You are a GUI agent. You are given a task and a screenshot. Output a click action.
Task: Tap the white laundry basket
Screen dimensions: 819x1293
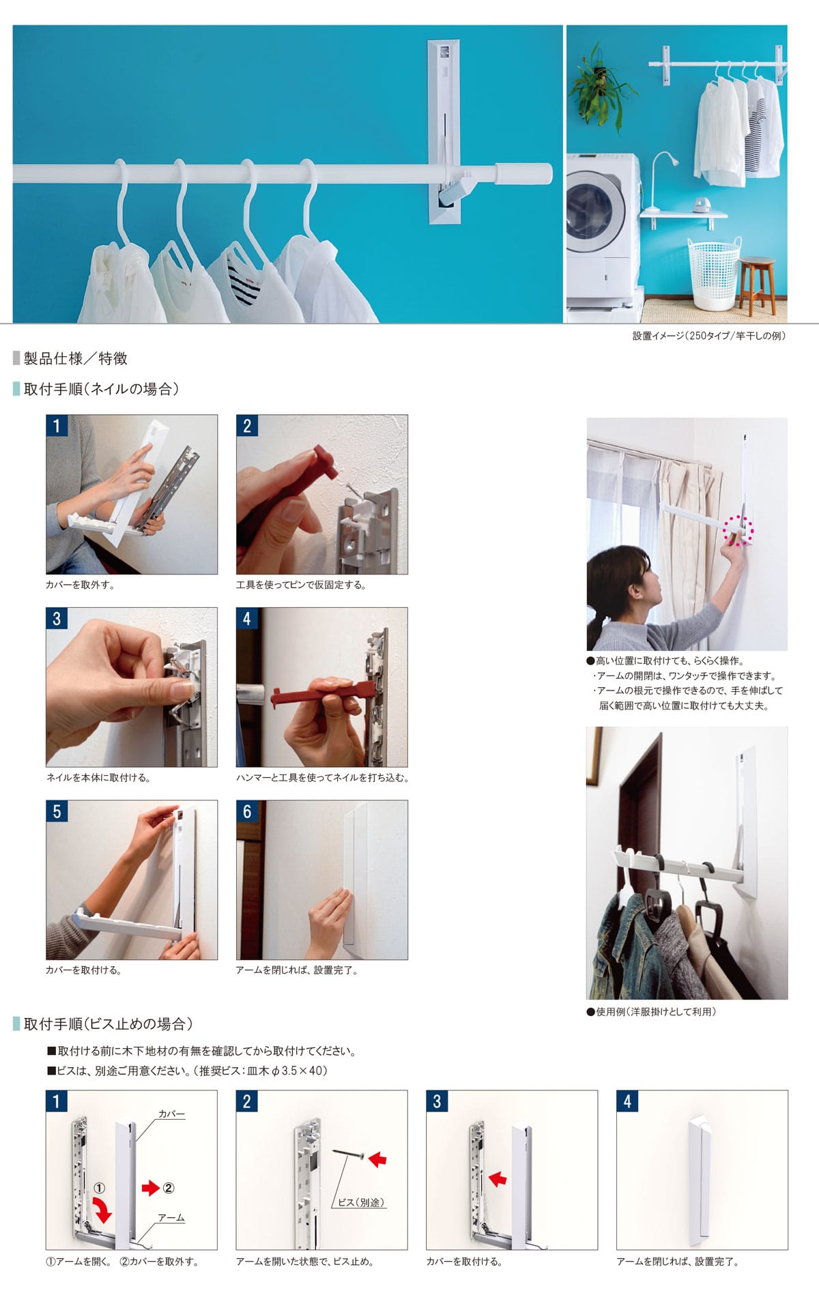[714, 273]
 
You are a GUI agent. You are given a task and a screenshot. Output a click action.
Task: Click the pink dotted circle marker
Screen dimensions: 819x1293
[738, 529]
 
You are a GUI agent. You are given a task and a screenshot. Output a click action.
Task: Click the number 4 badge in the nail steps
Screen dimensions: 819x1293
[247, 619]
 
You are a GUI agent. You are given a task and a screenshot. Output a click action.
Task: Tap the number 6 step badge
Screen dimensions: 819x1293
[247, 811]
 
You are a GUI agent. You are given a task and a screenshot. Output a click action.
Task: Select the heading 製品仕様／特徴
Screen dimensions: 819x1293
[75, 359]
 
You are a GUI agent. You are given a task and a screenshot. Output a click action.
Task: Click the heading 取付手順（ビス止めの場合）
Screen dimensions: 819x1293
[109, 1023]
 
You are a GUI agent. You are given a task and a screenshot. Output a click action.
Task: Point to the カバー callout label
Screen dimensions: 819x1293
[171, 1114]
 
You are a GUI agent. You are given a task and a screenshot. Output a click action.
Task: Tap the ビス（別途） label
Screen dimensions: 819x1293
[360, 1202]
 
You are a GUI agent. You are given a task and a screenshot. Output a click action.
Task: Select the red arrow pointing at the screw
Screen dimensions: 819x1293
[378, 1157]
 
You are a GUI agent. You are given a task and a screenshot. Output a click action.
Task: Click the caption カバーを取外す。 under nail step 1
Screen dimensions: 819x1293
[80, 585]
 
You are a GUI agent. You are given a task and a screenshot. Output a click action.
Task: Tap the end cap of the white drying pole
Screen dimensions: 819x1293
[523, 173]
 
